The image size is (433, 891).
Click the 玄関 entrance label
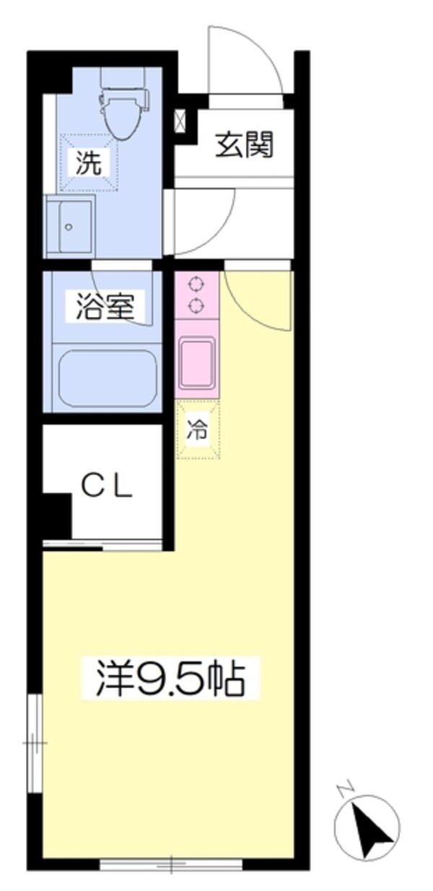(245, 146)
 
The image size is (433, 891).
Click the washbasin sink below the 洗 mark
(69, 225)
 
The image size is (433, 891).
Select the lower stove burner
(196, 305)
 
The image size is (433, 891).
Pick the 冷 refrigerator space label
(198, 430)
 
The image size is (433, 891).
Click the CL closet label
(106, 489)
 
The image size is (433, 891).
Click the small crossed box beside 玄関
(180, 120)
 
